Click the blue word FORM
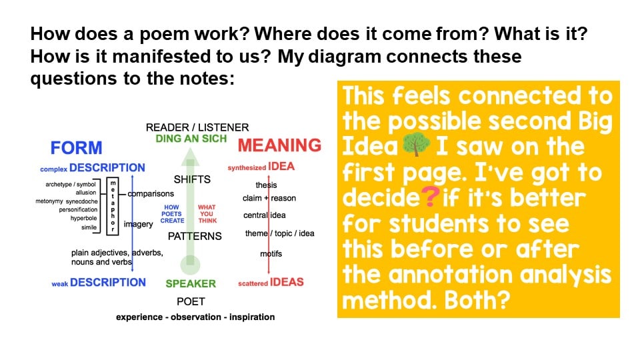pos(76,148)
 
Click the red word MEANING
pos(279,145)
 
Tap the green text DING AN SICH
pos(191,139)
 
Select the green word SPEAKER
pos(191,284)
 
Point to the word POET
pos(191,301)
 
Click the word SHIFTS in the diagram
pos(192,179)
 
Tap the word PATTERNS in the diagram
pos(195,236)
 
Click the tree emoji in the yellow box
pos(416,145)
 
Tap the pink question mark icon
pos(430,196)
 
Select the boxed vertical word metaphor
pos(113,206)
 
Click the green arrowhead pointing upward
pos(190,157)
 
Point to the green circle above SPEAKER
pos(190,265)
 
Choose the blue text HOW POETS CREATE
pos(172,214)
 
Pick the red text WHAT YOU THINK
pos(207,214)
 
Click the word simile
pos(89,227)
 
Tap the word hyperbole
pos(84,219)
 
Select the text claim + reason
pos(269,199)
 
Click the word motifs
pos(271,254)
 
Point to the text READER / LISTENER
pos(197,127)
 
